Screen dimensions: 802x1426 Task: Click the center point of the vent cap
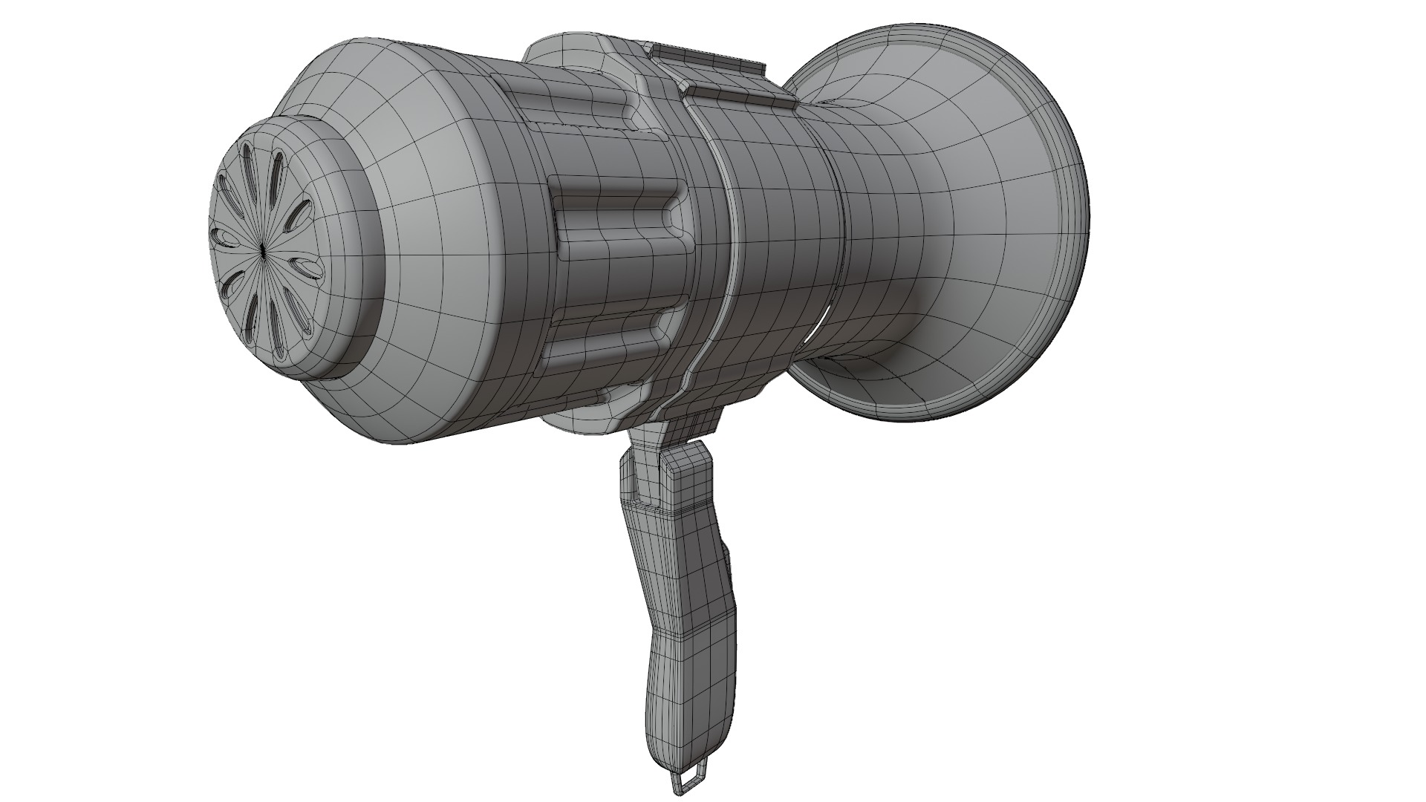[264, 250]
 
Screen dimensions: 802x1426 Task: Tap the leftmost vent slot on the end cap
[222, 238]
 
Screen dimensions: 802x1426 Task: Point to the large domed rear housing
[431, 245]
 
